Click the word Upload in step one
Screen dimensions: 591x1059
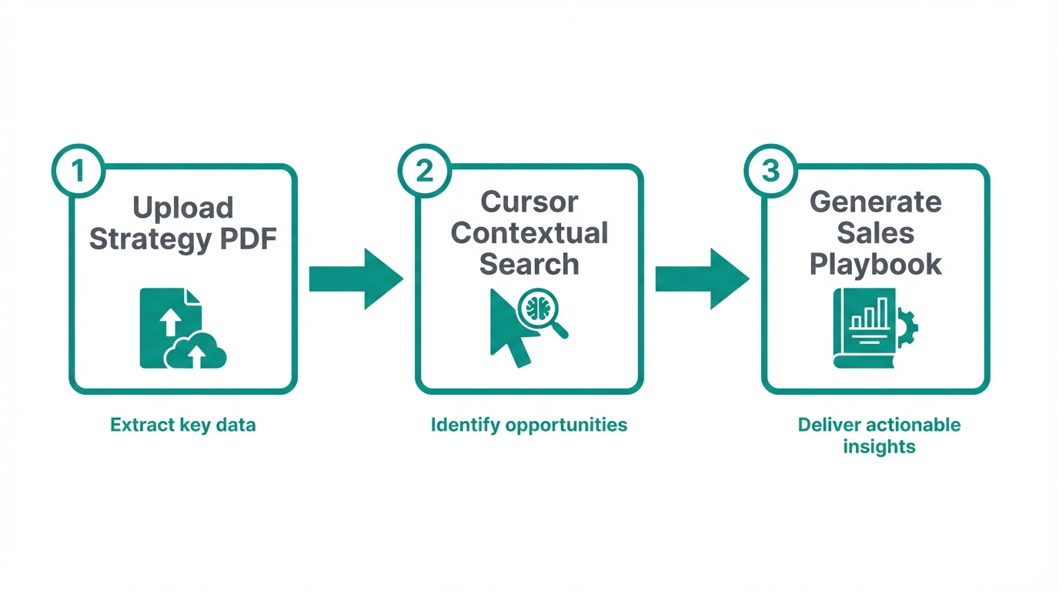[x=183, y=208]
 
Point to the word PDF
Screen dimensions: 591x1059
[x=246, y=239]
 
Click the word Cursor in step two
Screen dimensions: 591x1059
[x=529, y=202]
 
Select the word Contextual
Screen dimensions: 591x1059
[x=529, y=232]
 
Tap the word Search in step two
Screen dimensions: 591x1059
[x=529, y=264]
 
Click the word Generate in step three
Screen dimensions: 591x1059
[x=876, y=202]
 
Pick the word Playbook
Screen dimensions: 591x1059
[x=876, y=264]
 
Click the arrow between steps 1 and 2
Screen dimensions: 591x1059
[x=356, y=279]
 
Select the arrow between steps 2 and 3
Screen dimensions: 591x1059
[x=702, y=279]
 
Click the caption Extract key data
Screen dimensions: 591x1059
[x=183, y=425]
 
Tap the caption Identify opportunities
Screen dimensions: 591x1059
[x=529, y=425]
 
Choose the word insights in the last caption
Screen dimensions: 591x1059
[x=879, y=446]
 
